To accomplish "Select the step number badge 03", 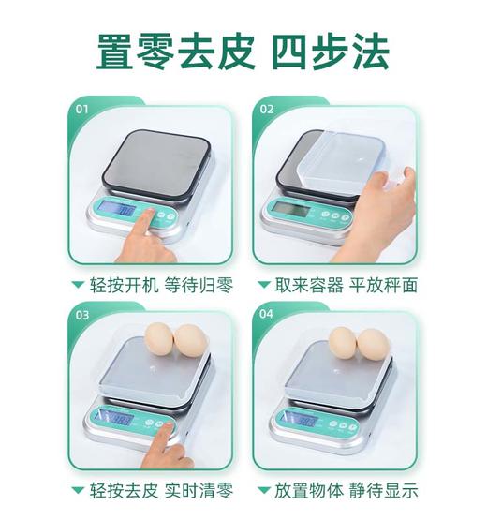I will point(82,316).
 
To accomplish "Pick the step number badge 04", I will point(267,316).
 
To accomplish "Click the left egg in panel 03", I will point(158,339).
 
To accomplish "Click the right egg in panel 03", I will point(190,341).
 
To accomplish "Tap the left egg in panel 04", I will point(343,344).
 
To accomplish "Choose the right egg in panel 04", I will point(373,344).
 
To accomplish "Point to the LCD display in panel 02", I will point(293,209).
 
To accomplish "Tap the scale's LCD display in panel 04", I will point(302,418).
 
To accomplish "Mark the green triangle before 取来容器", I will point(263,284).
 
